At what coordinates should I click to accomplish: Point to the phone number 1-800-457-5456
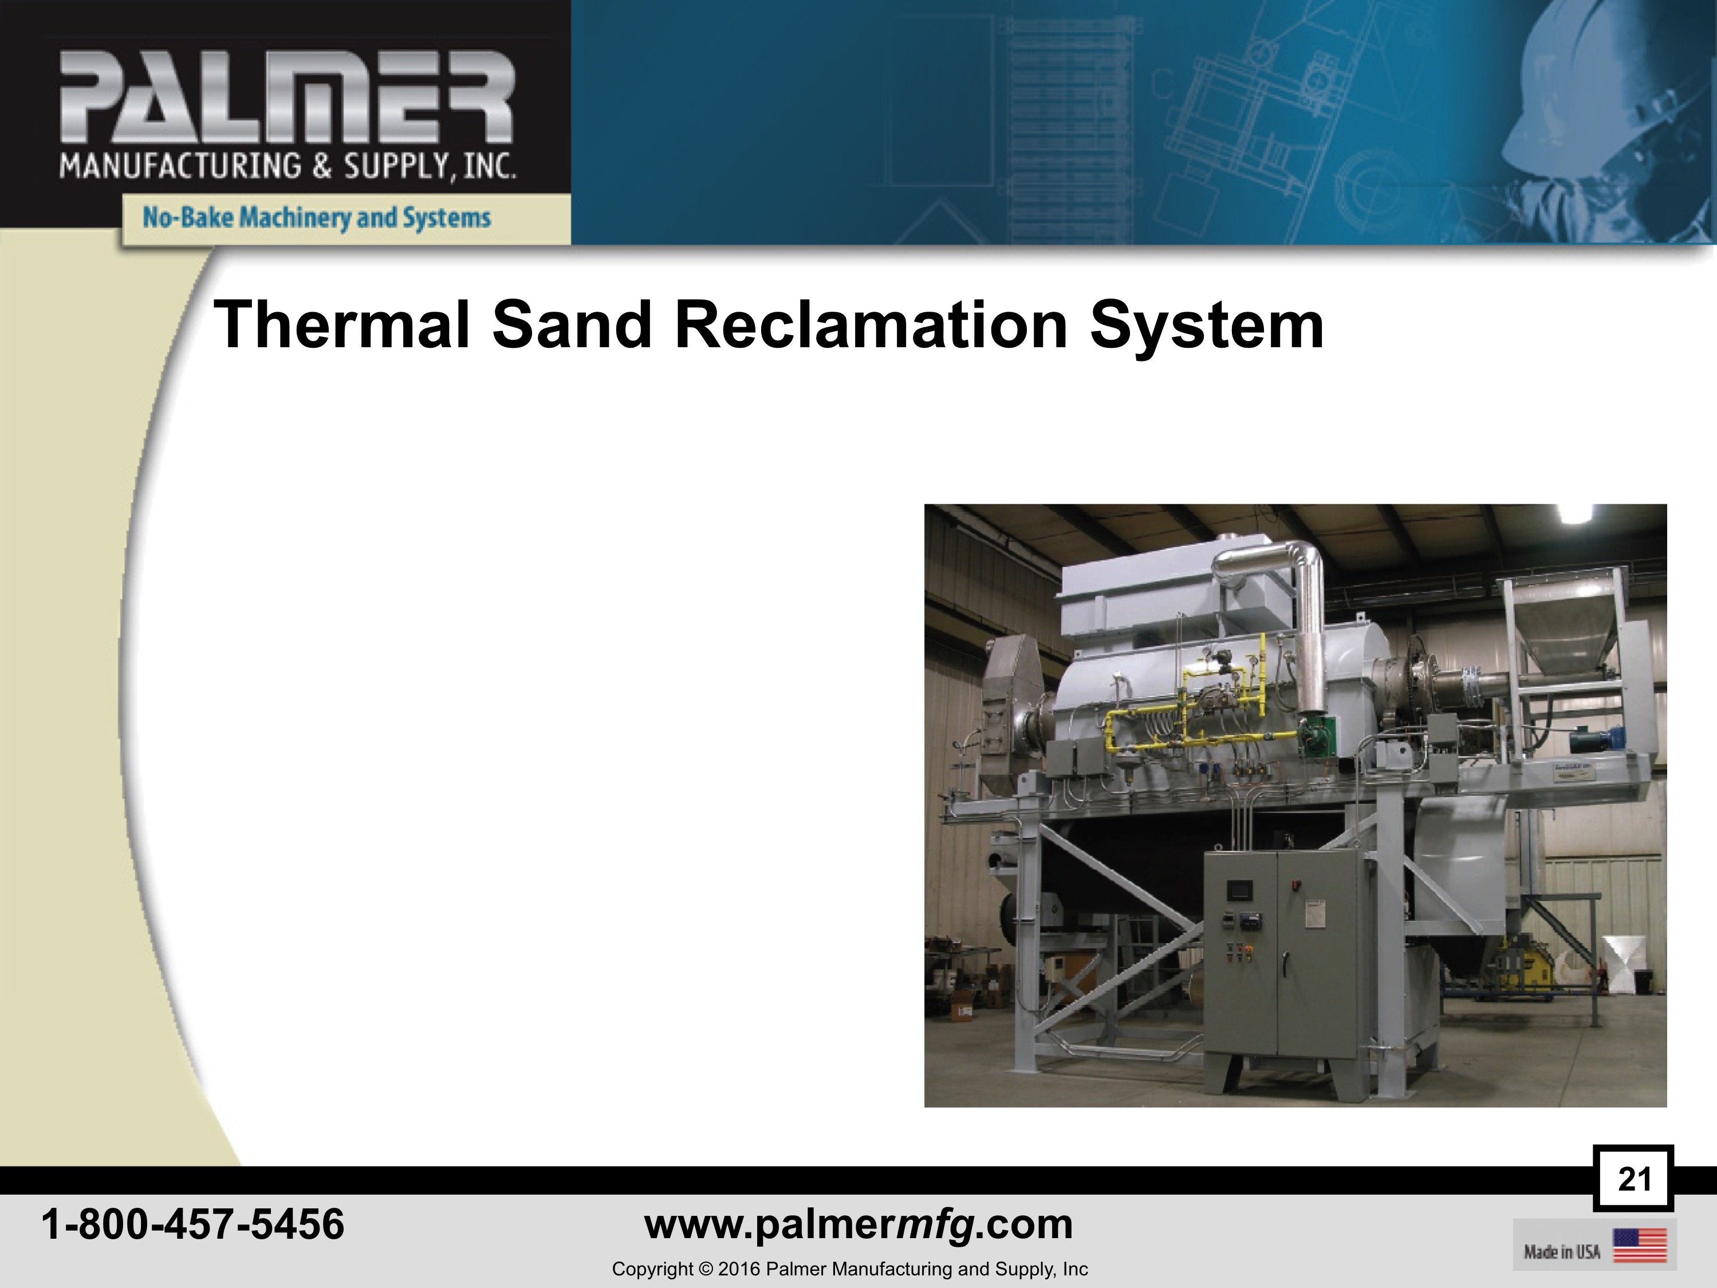(192, 1224)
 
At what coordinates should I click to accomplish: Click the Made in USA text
(1562, 1251)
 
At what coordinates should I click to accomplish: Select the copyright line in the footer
(850, 1269)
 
